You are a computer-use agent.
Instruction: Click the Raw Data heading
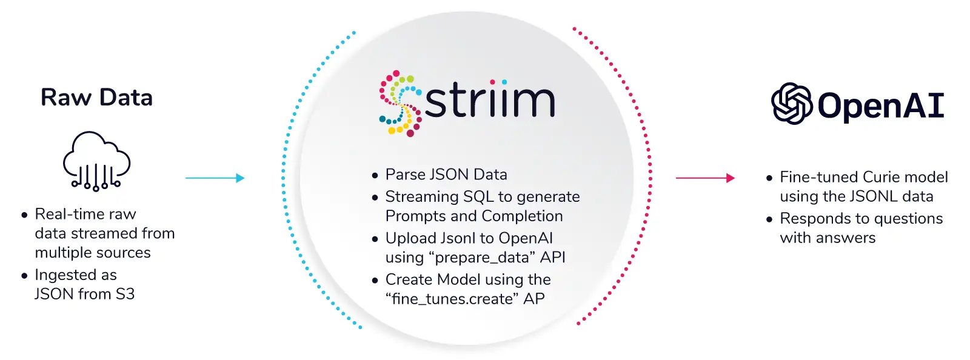[96, 98]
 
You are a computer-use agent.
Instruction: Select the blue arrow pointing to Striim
[215, 178]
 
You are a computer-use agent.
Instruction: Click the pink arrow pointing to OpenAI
[706, 178]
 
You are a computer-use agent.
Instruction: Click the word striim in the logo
[490, 99]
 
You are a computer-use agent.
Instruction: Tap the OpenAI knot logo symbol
[792, 104]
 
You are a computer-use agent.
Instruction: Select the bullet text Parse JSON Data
[446, 175]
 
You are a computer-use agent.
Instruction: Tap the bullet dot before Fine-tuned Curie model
[769, 178]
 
